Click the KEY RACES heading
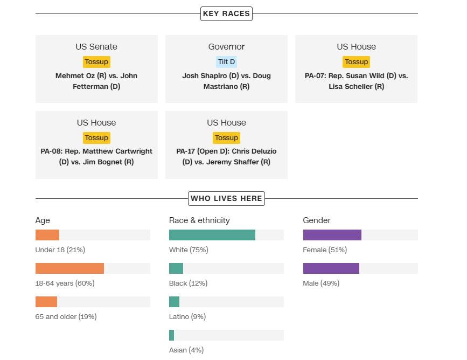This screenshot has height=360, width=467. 226,13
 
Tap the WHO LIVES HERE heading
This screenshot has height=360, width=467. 226,198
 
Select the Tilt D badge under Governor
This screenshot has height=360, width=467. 226,62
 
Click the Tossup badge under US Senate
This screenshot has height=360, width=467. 96,62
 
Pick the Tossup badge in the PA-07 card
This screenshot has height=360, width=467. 356,62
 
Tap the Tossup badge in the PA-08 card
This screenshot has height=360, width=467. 96,138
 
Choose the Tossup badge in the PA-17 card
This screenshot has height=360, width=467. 226,138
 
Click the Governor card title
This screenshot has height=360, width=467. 226,47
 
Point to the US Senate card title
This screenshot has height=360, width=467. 96,47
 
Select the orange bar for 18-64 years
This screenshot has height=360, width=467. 69,268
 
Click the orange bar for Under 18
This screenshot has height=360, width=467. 47,235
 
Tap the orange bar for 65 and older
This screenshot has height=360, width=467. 46,302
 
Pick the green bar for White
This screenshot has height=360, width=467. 212,235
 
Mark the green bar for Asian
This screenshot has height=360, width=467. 171,335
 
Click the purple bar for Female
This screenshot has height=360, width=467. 332,235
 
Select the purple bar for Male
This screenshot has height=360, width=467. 331,268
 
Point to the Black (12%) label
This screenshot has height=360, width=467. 188,283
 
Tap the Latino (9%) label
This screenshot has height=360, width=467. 187,317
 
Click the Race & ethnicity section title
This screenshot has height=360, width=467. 199,220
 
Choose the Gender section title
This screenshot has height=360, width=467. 317,220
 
